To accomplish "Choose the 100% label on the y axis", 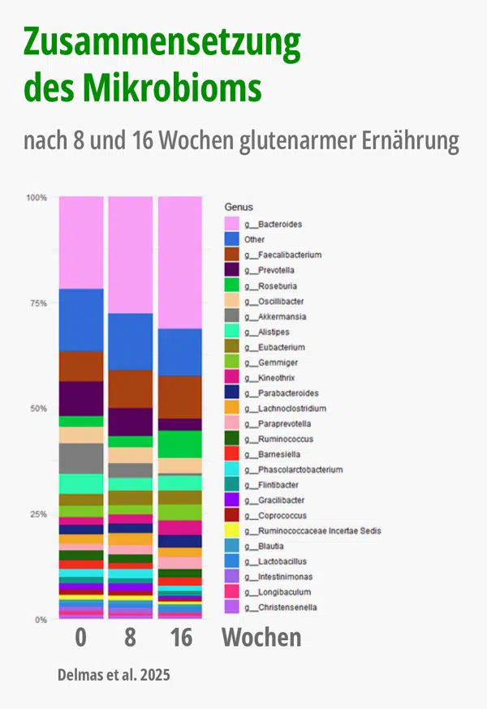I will [x=36, y=198].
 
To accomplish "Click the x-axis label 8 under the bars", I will [x=131, y=638].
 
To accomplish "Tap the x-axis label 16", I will [x=181, y=638].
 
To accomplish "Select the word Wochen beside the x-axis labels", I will [x=261, y=638].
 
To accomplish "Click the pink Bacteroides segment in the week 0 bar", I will [x=81, y=243].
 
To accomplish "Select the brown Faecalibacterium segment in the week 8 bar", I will [x=131, y=389].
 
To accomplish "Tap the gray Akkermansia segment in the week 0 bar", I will [x=81, y=458].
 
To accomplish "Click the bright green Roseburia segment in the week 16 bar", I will [x=179, y=444].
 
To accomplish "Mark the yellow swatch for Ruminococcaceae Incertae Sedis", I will [x=232, y=531].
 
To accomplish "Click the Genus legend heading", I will [x=239, y=208].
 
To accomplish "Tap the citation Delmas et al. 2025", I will [x=114, y=675].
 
